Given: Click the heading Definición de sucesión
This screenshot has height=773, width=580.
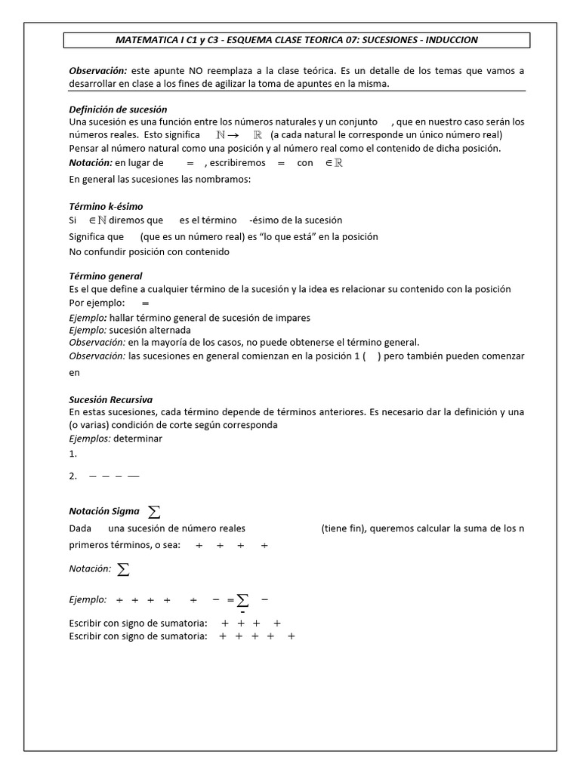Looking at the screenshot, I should pyautogui.click(x=118, y=109).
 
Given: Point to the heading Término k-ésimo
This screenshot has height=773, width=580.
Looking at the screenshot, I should pyautogui.click(x=106, y=206).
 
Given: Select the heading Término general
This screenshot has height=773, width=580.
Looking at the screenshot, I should pyautogui.click(x=105, y=276).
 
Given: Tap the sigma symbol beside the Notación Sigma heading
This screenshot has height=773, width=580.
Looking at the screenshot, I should pyautogui.click(x=154, y=512).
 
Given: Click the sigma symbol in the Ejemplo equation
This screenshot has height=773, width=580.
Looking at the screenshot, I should pyautogui.click(x=242, y=600).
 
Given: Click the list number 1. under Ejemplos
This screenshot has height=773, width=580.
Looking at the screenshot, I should pyautogui.click(x=72, y=454).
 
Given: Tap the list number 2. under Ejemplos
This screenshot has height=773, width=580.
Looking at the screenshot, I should pyautogui.click(x=72, y=476).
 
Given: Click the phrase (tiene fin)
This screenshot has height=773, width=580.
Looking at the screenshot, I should pyautogui.click(x=344, y=528).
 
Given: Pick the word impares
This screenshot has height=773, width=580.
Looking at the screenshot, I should pyautogui.click(x=294, y=318).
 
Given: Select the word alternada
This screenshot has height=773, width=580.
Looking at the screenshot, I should pyautogui.click(x=170, y=330).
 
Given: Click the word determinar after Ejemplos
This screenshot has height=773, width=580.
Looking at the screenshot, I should pyautogui.click(x=138, y=439).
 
